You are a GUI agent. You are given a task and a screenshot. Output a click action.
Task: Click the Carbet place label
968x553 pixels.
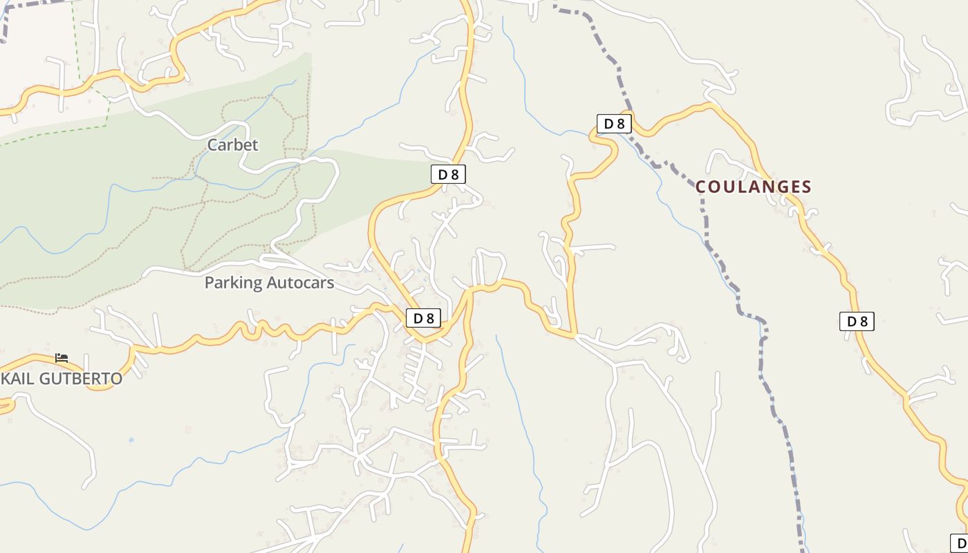232,144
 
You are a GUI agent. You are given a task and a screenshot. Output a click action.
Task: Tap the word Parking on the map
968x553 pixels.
234,283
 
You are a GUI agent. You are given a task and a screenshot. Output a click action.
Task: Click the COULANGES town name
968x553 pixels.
753,187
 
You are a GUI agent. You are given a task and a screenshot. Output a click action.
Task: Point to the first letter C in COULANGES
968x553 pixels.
701,187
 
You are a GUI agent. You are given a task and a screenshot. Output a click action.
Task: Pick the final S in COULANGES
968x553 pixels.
806,187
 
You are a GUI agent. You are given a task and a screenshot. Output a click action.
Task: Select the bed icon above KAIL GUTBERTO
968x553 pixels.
62,358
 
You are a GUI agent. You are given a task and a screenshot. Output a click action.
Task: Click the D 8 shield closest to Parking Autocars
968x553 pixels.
423,318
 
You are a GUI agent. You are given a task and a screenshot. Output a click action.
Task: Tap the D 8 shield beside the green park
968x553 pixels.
448,174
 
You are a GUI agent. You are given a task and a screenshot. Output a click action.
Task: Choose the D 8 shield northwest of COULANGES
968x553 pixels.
614,124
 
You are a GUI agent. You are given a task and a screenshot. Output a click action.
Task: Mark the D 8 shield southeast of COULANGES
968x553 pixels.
857,321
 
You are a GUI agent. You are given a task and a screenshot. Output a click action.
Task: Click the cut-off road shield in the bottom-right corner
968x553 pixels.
960,543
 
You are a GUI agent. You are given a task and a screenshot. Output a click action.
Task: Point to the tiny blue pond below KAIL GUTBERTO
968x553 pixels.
131,440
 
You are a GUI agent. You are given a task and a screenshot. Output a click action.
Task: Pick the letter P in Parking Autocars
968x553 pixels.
210,283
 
